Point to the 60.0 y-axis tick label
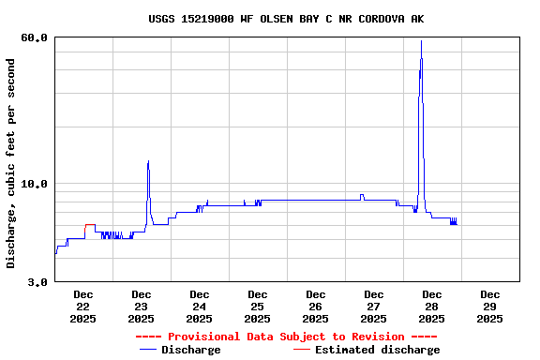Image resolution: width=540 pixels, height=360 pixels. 34,37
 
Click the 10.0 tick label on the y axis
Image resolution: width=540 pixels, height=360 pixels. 34,184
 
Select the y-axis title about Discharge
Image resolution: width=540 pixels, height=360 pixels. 11,163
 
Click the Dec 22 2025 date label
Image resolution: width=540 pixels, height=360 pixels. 82,307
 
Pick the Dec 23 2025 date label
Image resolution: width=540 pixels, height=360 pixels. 141,307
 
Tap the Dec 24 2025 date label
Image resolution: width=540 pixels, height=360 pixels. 199,307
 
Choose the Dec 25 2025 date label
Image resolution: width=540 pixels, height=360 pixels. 257,307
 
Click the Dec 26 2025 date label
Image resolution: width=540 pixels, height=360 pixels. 315,307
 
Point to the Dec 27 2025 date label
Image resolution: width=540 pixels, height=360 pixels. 373,307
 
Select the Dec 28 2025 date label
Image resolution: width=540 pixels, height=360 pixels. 431,307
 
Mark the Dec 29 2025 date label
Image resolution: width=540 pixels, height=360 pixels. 489,307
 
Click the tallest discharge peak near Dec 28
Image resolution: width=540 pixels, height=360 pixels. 421,42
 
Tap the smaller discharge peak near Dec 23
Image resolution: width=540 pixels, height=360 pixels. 148,162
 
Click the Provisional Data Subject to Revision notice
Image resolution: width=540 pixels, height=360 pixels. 286,337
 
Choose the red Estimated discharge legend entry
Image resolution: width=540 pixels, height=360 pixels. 366,350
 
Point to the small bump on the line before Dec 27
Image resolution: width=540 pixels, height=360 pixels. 361,195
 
